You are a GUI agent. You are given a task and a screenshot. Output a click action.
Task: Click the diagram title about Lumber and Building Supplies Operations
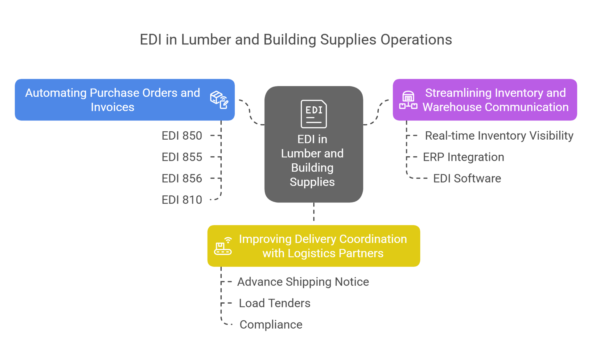point(296,40)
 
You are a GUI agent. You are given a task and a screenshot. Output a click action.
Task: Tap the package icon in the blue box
point(219,100)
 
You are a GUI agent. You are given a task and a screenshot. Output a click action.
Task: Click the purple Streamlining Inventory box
point(485,100)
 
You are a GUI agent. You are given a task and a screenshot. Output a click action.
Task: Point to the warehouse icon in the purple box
point(408,100)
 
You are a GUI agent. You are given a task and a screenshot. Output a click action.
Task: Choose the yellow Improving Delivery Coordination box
point(313,246)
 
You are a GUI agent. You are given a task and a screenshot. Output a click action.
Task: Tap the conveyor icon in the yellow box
point(223,246)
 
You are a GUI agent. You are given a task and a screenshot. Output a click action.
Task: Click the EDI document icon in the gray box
point(314,114)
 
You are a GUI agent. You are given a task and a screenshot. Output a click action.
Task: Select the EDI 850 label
point(183,136)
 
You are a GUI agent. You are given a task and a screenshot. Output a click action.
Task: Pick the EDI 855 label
point(183,157)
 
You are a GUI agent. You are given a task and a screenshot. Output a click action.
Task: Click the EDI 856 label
point(183,178)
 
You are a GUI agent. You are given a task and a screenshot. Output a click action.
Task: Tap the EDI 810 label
point(183,200)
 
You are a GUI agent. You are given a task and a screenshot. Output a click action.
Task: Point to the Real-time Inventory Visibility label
point(499,136)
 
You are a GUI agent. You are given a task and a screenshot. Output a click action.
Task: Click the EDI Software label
point(467,178)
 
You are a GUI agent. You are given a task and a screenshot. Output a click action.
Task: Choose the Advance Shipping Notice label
point(303,282)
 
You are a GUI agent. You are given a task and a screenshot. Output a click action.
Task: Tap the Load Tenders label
point(275,303)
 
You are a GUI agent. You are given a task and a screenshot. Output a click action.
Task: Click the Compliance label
point(271,324)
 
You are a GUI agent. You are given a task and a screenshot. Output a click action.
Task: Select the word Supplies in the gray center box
point(312,182)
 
